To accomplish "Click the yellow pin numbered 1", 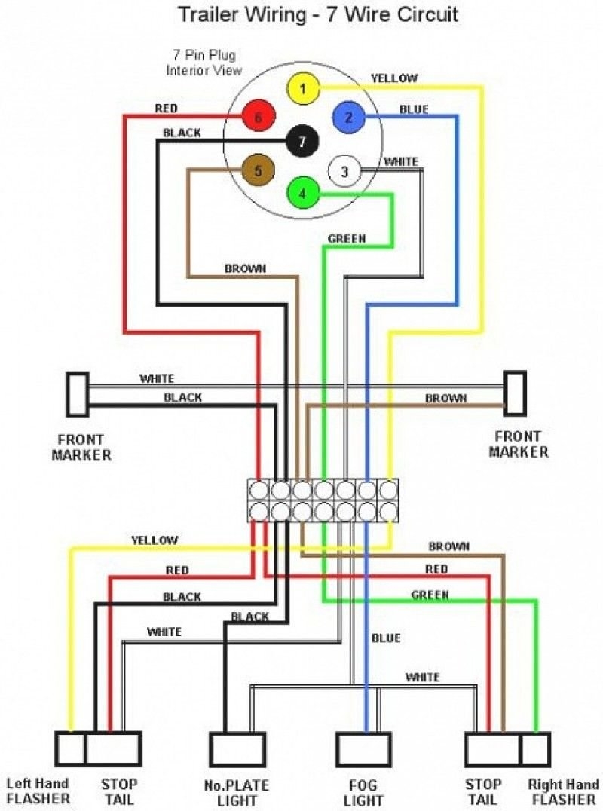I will pyautogui.click(x=302, y=90).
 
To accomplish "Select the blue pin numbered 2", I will pyautogui.click(x=348, y=117).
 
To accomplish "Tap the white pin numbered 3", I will pyautogui.click(x=344, y=172).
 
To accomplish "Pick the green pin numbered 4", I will pyautogui.click(x=302, y=193).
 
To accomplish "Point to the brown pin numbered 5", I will pyautogui.click(x=258, y=171).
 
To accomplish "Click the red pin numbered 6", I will pyautogui.click(x=258, y=117).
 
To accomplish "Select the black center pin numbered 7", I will pyautogui.click(x=302, y=141).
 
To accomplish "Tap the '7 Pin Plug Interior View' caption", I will pyautogui.click(x=204, y=63).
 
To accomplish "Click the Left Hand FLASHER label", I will pyautogui.click(x=38, y=791).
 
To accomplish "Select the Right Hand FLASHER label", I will pyautogui.click(x=564, y=791).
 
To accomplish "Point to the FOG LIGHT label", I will pyautogui.click(x=363, y=793).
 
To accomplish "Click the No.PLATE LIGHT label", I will pyautogui.click(x=237, y=793).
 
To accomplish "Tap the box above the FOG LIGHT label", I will pyautogui.click(x=363, y=748).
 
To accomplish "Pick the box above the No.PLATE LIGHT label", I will pyautogui.click(x=237, y=748).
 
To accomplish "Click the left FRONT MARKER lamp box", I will pyautogui.click(x=77, y=394).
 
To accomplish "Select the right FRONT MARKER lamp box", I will pyautogui.click(x=515, y=393).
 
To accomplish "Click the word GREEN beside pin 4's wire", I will pyautogui.click(x=347, y=239).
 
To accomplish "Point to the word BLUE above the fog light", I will pyautogui.click(x=386, y=638).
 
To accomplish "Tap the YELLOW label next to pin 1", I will pyautogui.click(x=394, y=78).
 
